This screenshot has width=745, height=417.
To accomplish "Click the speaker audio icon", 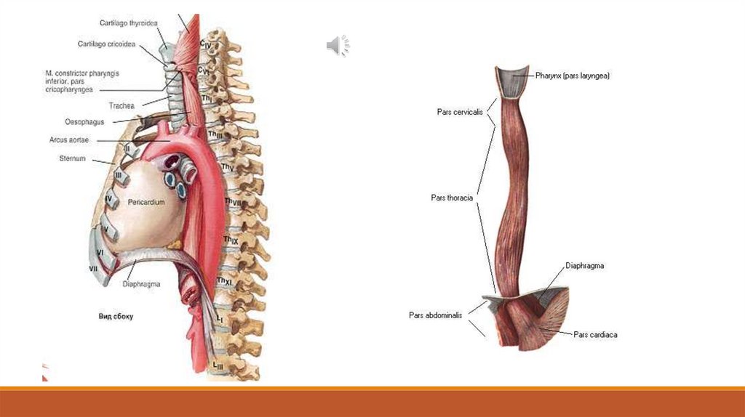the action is pyautogui.click(x=335, y=46).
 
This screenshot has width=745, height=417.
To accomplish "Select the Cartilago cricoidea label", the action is pyautogui.click(x=107, y=44).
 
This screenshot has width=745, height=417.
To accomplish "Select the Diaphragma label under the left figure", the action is pyautogui.click(x=141, y=285).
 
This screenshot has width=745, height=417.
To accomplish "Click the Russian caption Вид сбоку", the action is pyautogui.click(x=115, y=317).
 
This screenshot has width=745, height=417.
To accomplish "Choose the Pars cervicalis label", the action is pyautogui.click(x=459, y=112).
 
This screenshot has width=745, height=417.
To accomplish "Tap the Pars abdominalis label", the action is pyautogui.click(x=436, y=315).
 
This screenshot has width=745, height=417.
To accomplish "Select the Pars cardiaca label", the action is pyautogui.click(x=595, y=335).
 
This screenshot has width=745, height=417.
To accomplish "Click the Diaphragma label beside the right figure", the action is pyautogui.click(x=585, y=266).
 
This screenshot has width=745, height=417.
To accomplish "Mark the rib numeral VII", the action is pyautogui.click(x=94, y=269).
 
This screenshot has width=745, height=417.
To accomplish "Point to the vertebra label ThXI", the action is pyautogui.click(x=224, y=281).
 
